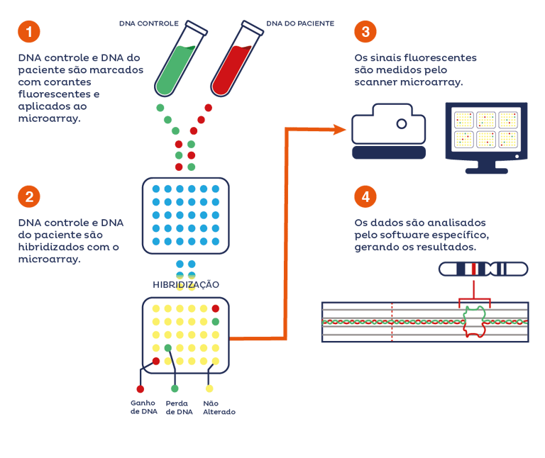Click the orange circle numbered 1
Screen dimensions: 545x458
[29, 32]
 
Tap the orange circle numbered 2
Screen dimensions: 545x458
[29, 196]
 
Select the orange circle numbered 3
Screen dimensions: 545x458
[365, 32]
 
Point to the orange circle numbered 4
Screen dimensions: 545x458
[365, 196]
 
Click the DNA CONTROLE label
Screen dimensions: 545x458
[149, 23]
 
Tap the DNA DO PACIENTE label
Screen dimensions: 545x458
[300, 23]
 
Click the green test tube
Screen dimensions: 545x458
[180, 58]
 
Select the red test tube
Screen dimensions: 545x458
[237, 58]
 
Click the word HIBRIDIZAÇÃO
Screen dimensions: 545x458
[186, 285]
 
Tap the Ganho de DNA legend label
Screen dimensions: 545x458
[144, 407]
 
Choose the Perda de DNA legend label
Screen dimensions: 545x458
[179, 407]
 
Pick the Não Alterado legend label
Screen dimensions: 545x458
[219, 407]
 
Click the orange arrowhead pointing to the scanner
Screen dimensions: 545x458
[339, 130]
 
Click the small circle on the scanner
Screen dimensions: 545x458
[402, 123]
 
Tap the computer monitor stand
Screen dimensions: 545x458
[487, 167]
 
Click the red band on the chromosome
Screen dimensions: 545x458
[473, 269]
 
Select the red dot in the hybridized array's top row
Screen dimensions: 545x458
[216, 308]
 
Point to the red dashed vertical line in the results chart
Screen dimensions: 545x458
[392, 322]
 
